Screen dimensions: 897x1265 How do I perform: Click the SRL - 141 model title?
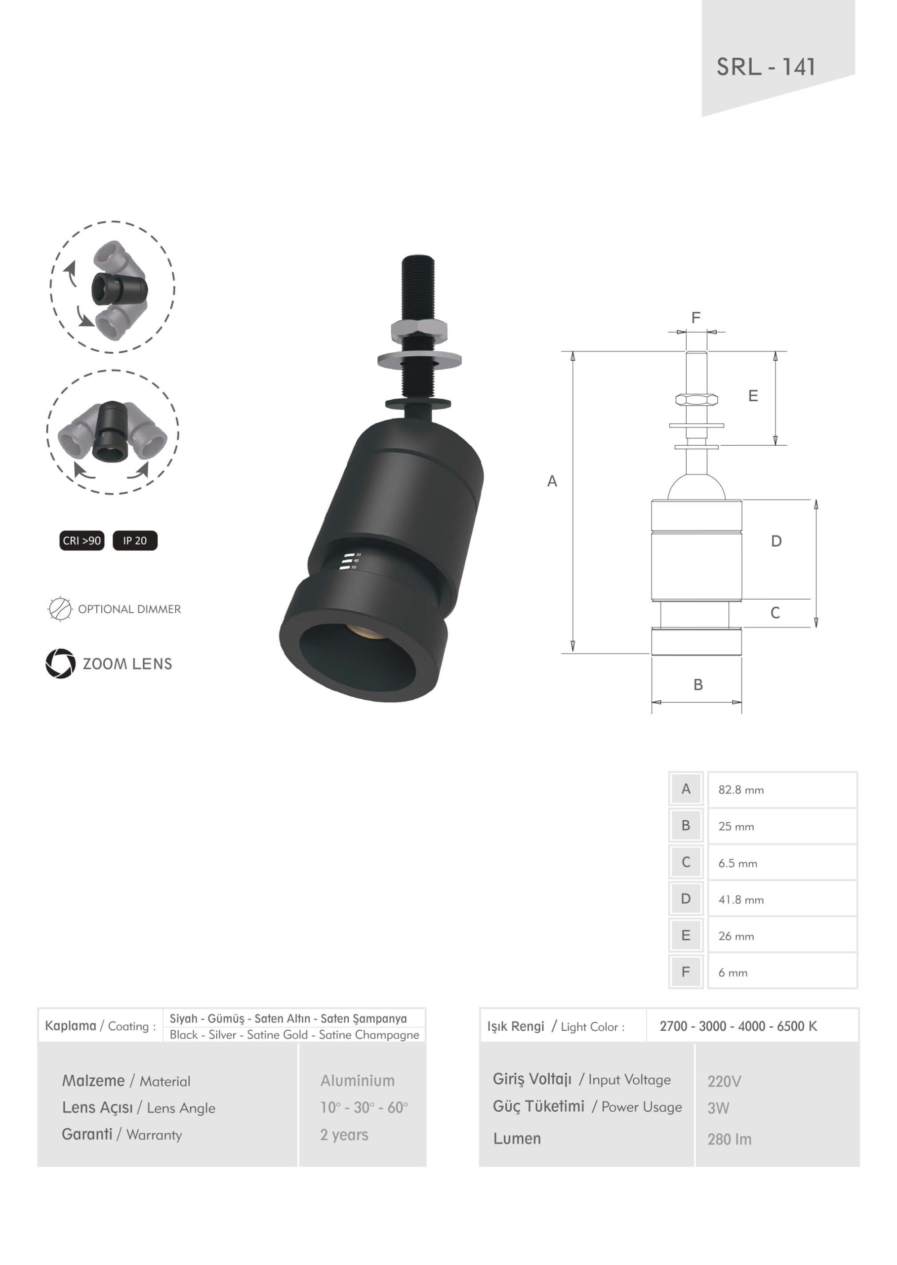point(766,67)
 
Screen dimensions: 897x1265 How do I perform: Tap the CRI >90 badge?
point(82,540)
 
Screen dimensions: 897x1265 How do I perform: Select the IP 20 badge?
point(135,540)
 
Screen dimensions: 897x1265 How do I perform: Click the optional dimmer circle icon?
point(60,609)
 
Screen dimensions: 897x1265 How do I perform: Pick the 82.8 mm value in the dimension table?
point(741,790)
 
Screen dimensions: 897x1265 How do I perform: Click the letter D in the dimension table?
point(686,899)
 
